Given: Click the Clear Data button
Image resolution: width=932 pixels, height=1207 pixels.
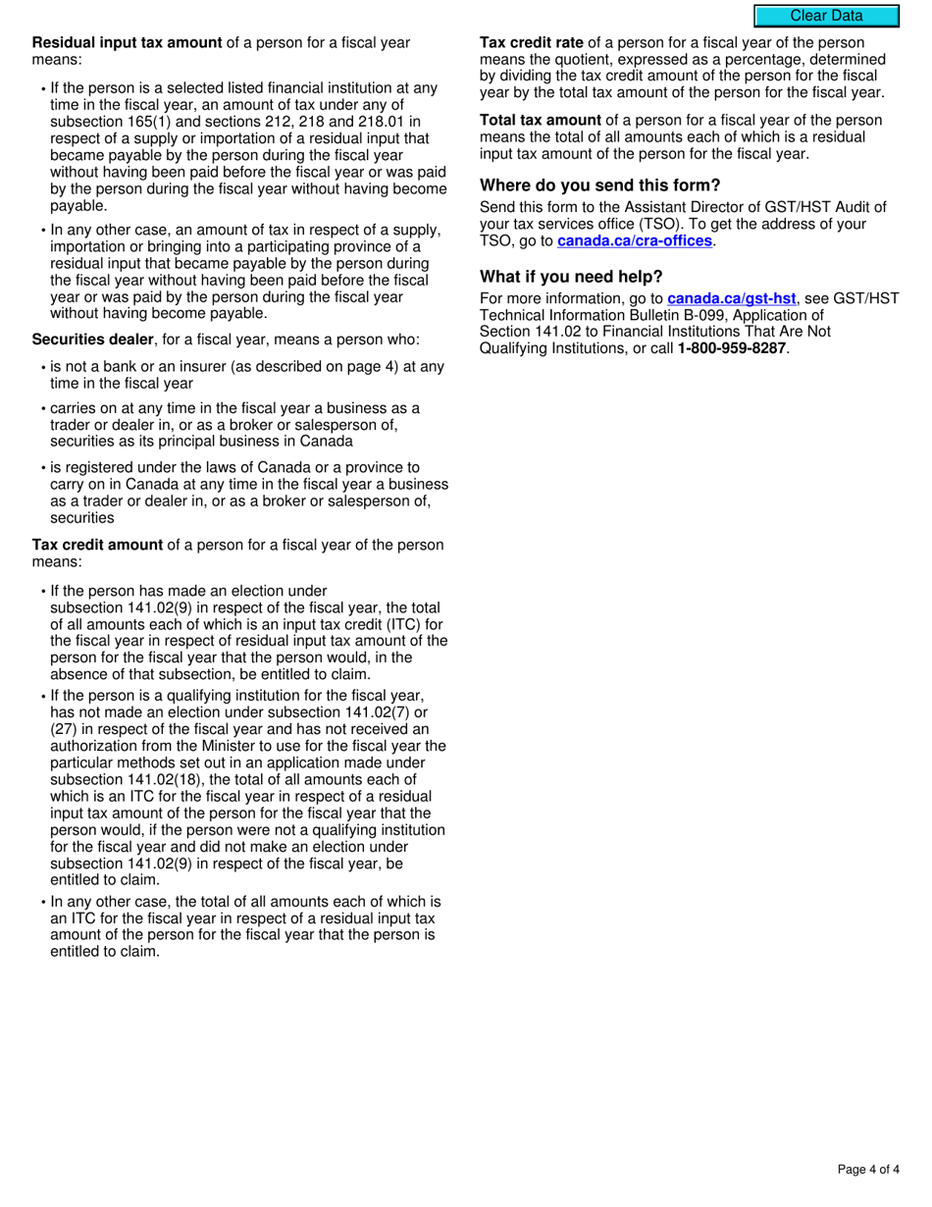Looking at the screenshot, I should pyautogui.click(x=826, y=16).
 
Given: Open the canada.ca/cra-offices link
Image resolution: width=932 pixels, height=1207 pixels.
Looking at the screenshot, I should pyautogui.click(x=634, y=240).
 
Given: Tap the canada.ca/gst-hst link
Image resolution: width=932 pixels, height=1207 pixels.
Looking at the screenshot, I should pyautogui.click(x=731, y=298).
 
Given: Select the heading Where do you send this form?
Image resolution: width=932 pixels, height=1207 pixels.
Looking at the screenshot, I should pyautogui.click(x=599, y=185).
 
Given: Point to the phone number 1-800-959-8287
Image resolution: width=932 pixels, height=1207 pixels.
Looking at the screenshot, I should pyautogui.click(x=732, y=348).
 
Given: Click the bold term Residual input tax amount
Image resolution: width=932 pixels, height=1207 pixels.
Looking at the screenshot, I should pyautogui.click(x=128, y=43).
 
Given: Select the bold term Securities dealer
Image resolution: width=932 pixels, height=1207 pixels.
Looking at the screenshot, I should pyautogui.click(x=93, y=340).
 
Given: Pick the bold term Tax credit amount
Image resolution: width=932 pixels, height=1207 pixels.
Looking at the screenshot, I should pyautogui.click(x=97, y=546).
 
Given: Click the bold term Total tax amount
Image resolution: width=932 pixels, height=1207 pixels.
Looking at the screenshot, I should pyautogui.click(x=540, y=121).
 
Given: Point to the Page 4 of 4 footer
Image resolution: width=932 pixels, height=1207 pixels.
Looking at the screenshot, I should pyautogui.click(x=868, y=1169).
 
